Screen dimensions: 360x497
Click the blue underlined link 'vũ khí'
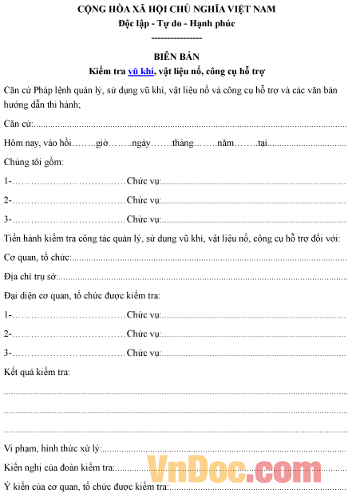140,71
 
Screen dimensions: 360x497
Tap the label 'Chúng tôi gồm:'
33,162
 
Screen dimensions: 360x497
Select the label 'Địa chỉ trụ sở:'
31,277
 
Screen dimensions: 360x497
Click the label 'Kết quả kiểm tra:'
38,373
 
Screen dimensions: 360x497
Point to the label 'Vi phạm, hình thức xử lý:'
52,448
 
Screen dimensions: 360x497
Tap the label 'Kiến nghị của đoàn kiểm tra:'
58,467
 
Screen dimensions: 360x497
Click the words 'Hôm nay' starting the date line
20,143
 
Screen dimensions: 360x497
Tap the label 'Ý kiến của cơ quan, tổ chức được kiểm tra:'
85,487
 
